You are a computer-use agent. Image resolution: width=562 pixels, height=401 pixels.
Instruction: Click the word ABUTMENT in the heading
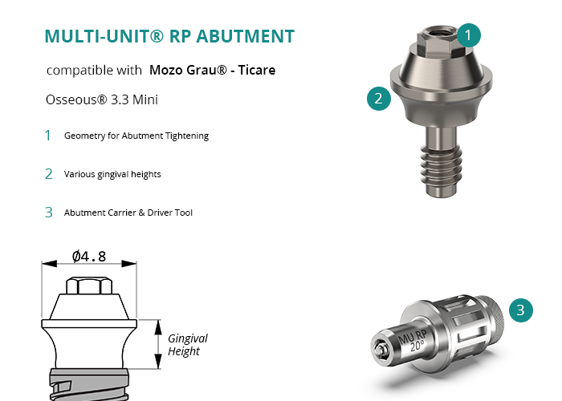point(245,36)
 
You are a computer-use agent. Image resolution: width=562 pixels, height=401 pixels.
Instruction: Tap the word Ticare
point(257,70)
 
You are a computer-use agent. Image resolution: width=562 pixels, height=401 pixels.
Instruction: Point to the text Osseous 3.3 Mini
point(102,99)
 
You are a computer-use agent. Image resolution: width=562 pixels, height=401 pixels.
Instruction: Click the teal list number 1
point(47,136)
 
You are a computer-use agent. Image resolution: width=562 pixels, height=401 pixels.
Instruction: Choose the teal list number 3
point(49,213)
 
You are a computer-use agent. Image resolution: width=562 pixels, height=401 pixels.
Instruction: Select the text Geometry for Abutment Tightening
point(136,136)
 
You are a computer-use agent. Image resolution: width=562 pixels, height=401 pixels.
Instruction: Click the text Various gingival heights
point(112,174)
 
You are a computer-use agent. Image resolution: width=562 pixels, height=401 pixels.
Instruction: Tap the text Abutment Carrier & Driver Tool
point(128,213)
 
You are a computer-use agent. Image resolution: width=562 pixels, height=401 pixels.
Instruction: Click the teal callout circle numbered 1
point(468,35)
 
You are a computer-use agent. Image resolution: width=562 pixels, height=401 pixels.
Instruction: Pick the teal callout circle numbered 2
point(378,99)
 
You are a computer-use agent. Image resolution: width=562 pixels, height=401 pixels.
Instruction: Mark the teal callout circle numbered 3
point(521,310)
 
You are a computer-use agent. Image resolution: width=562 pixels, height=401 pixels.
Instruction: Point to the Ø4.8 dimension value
point(89,257)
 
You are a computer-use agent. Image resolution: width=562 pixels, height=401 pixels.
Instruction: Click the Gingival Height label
point(187,344)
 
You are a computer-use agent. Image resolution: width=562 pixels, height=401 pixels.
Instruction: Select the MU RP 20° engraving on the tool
point(413,341)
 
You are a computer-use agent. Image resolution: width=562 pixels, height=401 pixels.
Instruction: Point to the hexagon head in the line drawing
point(89,286)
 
